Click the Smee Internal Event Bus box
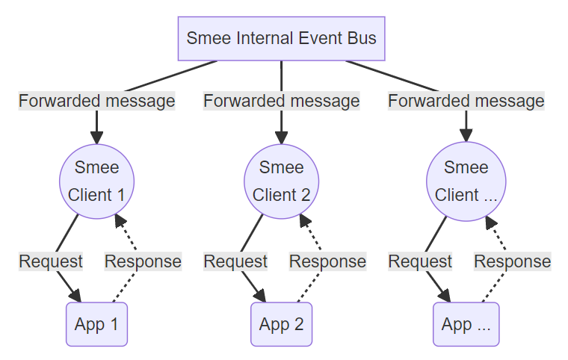[281, 38]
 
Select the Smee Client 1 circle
[96, 181]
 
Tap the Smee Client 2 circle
[281, 181]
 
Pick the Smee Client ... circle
[466, 181]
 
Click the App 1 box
[96, 324]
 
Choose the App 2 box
[281, 324]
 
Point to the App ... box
[466, 324]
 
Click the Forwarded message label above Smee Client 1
[96, 101]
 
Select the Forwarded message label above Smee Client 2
[281, 101]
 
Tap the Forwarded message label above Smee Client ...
[466, 101]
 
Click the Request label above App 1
[51, 261]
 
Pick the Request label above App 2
[235, 261]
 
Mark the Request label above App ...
[420, 261]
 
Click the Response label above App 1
[143, 261]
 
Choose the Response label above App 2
[327, 261]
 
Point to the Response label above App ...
[512, 261]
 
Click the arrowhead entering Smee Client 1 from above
[96, 137]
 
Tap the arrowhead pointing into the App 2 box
[259, 295]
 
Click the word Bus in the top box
[362, 38]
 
